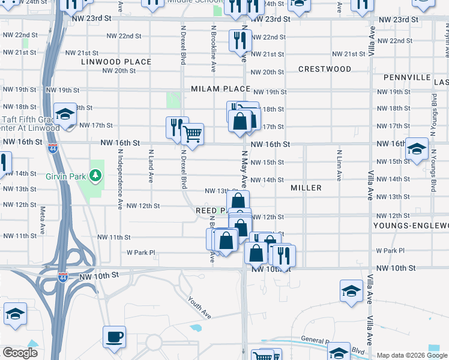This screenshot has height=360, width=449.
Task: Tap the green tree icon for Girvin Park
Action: (94, 175)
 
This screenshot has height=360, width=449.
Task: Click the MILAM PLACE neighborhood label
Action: (220, 89)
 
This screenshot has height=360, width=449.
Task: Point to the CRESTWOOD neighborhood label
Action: (325, 69)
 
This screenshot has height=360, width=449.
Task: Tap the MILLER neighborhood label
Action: (306, 188)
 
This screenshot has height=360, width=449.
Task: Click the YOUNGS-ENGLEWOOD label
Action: (411, 226)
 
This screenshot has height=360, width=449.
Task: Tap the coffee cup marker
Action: (114, 337)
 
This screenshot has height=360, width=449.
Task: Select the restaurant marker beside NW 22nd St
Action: (240, 41)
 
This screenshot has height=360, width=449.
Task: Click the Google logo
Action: (20, 353)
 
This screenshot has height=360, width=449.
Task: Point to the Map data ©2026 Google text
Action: (412, 355)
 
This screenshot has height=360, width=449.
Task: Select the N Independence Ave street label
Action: (119, 179)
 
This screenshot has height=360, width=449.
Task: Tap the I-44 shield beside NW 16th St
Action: (53, 148)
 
